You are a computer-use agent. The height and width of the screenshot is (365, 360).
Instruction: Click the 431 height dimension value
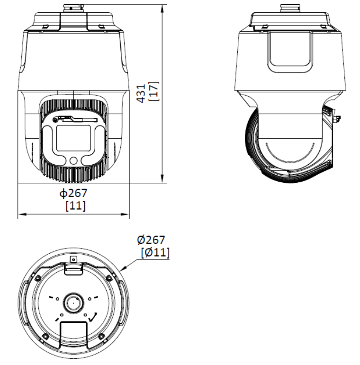(142, 93)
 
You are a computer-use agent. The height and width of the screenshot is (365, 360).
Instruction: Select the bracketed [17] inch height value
(154, 91)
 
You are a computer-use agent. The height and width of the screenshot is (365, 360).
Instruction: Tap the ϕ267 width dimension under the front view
(73, 193)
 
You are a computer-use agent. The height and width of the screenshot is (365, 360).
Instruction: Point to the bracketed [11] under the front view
(76, 206)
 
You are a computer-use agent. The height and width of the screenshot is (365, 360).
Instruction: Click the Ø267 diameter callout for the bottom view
(151, 240)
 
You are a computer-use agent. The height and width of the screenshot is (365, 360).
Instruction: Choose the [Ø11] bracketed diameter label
(155, 252)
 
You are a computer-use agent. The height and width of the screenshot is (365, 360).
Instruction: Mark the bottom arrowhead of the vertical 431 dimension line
(162, 179)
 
